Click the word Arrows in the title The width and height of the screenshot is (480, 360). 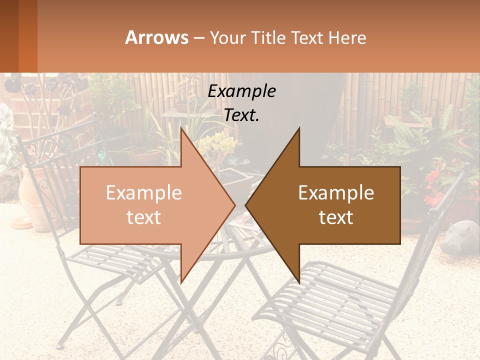click(156, 37)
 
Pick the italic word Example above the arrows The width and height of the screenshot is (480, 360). click(241, 91)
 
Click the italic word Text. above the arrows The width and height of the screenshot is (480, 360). click(241, 115)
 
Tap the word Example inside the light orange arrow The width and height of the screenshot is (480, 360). click(144, 193)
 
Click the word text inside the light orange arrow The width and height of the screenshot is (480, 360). click(144, 217)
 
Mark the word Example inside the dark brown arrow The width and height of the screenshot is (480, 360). click(336, 193)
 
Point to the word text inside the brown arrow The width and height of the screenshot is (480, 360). click(336, 217)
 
